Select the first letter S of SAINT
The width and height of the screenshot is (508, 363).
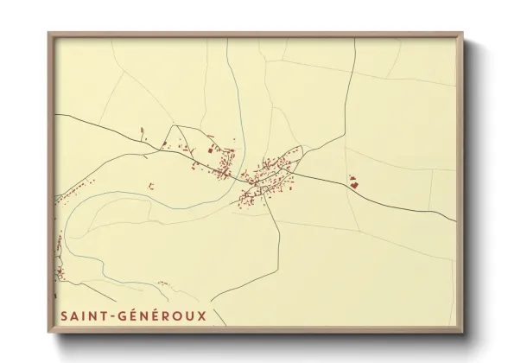pyautogui.click(x=63, y=315)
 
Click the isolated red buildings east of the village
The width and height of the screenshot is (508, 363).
pyautogui.click(x=352, y=181)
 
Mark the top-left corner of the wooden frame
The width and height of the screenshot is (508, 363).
pyautogui.click(x=48, y=33)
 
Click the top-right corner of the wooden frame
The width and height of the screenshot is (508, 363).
pyautogui.click(x=464, y=33)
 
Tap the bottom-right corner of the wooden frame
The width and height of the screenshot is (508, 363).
pyautogui.click(x=464, y=334)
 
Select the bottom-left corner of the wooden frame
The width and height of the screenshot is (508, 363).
pyautogui.click(x=48, y=334)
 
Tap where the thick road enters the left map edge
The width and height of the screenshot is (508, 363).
pyautogui.click(x=54, y=115)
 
